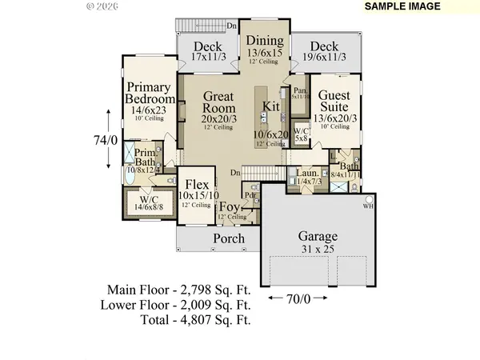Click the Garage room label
click(318, 237)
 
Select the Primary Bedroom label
click(150, 94)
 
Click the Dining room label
click(264, 42)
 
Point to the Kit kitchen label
click(270, 105)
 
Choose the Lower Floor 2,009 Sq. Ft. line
click(177, 305)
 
